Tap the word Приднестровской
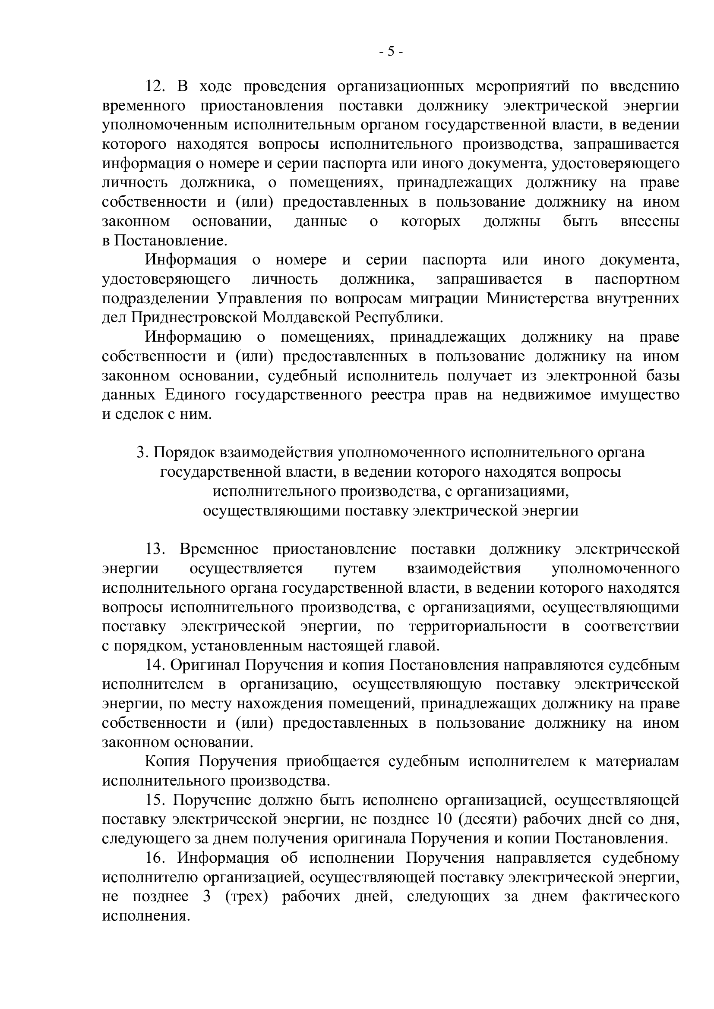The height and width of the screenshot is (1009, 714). pyautogui.click(x=194, y=318)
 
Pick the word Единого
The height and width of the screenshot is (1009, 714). pyautogui.click(x=195, y=395)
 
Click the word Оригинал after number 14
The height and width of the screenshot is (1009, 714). pyautogui.click(x=205, y=665)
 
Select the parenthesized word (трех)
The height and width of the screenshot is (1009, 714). pyautogui.click(x=246, y=897)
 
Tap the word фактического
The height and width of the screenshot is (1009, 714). pyautogui.click(x=630, y=897)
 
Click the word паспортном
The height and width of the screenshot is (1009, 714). pyautogui.click(x=637, y=279)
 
